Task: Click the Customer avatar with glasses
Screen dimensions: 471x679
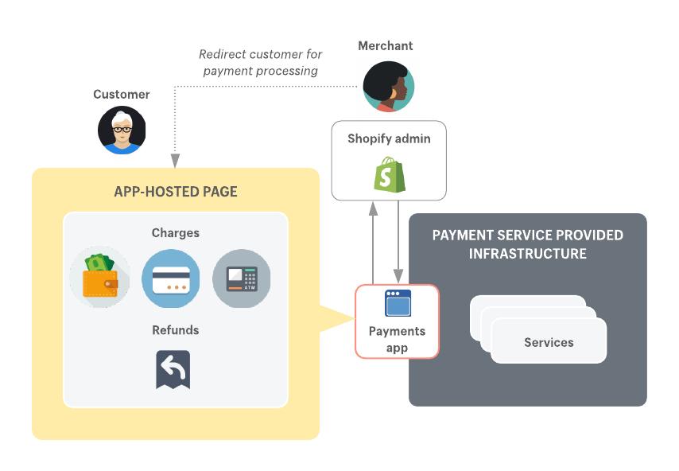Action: (x=122, y=130)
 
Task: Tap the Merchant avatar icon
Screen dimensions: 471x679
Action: (x=389, y=87)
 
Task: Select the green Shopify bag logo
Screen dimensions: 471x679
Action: (x=389, y=174)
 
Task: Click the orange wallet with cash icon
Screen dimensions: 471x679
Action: (x=99, y=276)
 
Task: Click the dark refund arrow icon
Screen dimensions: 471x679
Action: (x=173, y=369)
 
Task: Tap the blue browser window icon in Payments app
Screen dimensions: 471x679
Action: (x=397, y=304)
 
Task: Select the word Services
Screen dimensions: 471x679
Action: (x=549, y=342)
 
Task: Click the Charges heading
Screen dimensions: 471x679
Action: (x=176, y=233)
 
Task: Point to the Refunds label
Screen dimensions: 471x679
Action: (x=176, y=329)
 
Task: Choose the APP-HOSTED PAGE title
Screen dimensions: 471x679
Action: (x=176, y=192)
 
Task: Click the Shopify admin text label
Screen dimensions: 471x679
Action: (x=389, y=138)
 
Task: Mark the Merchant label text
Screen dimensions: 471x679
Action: (x=386, y=46)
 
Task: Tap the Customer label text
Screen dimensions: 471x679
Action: (x=122, y=94)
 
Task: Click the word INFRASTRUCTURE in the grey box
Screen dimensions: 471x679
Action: (x=528, y=254)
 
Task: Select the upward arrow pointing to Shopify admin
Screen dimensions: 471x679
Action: (x=372, y=239)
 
